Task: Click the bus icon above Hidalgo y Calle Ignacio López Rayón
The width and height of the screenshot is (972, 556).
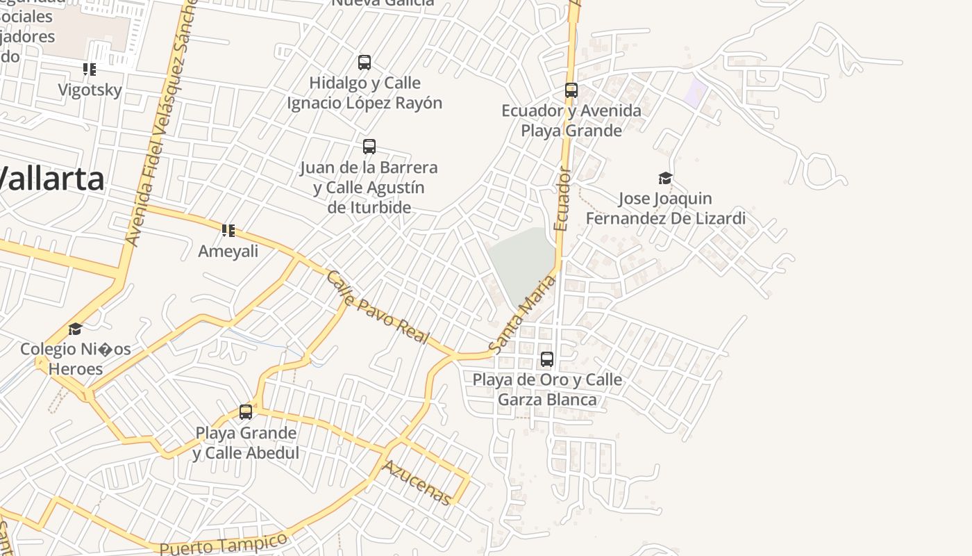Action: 364,63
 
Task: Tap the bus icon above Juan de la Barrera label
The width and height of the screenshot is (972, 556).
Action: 369,147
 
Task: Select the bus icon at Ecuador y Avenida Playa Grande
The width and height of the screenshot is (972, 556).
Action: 571,90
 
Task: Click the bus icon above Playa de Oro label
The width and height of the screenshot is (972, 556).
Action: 547,359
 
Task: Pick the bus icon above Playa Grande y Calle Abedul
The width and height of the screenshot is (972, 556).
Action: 246,412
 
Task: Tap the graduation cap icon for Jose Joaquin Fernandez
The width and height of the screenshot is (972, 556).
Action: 665,179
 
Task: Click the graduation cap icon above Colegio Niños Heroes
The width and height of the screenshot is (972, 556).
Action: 75,329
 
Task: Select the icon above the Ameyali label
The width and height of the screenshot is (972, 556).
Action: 228,231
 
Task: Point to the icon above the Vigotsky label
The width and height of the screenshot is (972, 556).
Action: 90,69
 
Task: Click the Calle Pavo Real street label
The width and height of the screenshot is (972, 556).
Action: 378,307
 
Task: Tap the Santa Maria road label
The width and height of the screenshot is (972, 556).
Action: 522,313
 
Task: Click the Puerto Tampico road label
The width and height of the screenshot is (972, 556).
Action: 223,544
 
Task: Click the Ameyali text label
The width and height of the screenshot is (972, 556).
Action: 228,252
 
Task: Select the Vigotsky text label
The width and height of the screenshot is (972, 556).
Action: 90,90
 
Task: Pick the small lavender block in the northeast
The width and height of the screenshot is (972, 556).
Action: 695,94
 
